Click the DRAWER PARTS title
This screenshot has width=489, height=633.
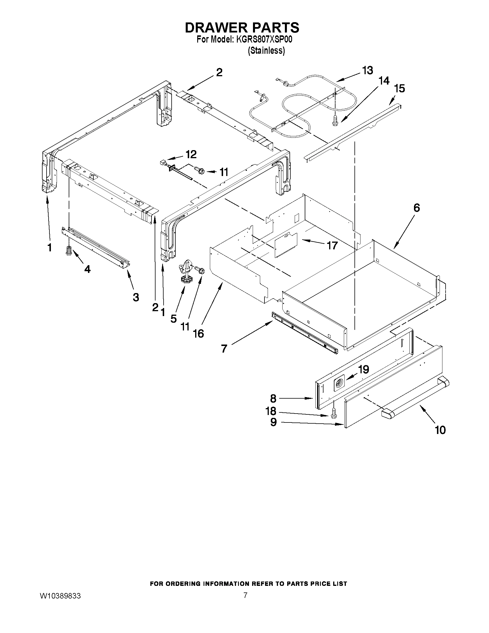242,28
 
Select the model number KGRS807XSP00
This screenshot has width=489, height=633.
264,39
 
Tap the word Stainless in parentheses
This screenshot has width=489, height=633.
266,50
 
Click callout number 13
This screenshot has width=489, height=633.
368,70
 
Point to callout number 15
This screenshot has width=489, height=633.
400,88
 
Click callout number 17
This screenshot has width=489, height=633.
332,246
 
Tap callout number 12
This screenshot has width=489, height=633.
191,154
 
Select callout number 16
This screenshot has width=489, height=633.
198,334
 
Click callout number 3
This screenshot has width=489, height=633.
136,297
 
